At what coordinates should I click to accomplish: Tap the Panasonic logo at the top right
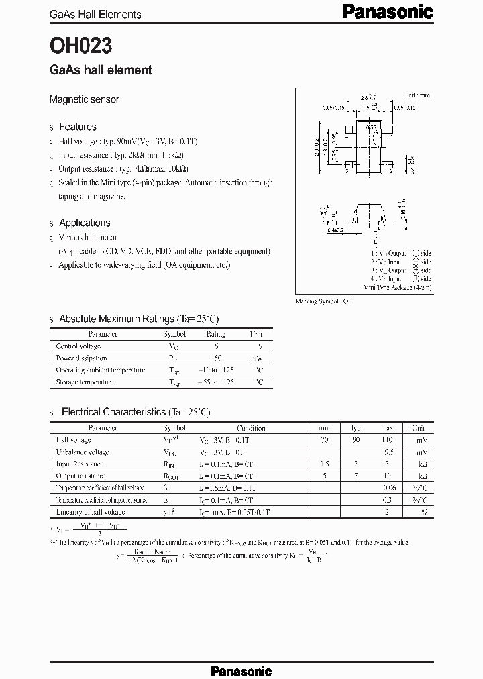tap(388, 11)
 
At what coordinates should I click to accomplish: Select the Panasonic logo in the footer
tap(241, 671)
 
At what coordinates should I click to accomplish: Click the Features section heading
tap(77, 127)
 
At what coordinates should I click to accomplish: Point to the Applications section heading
tap(85, 223)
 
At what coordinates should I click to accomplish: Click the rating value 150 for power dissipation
tap(215, 358)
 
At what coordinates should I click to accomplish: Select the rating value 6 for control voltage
tap(215, 346)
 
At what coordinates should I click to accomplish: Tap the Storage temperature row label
tap(85, 382)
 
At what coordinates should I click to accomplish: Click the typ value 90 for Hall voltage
tap(356, 439)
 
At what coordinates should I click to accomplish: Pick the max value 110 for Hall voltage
tap(387, 439)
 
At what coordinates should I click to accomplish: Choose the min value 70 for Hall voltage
tap(325, 439)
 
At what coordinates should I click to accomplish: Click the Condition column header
tap(251, 428)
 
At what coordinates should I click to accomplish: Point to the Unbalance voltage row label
tap(83, 452)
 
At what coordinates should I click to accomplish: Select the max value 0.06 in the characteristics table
tap(388, 488)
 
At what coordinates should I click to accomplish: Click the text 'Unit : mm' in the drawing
tap(416, 96)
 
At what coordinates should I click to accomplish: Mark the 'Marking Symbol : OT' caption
tap(323, 301)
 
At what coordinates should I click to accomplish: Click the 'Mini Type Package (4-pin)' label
tap(397, 287)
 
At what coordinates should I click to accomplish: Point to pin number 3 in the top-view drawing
tap(346, 171)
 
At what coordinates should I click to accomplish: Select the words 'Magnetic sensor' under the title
tap(85, 99)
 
